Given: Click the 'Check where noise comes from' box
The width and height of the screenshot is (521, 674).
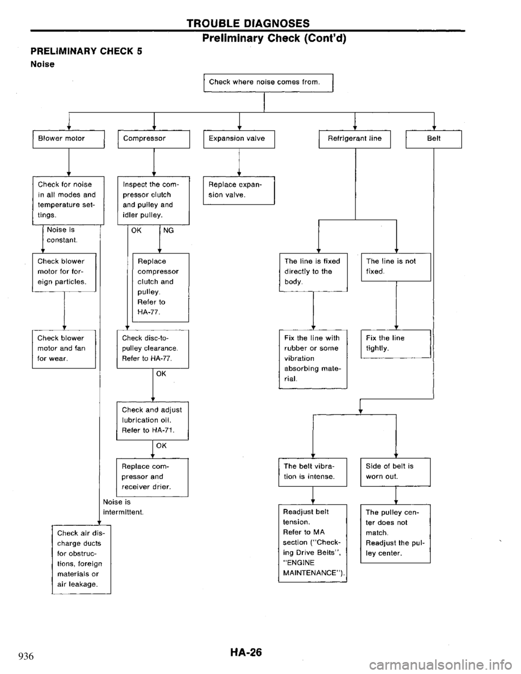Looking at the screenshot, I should pos(267,82).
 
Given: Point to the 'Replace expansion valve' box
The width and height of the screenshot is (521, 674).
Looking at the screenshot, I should pos(238,190).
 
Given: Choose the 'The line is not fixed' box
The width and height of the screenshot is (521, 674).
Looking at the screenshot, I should pos(395,265).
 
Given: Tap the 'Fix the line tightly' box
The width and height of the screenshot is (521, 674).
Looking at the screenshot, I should pos(395,342).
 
